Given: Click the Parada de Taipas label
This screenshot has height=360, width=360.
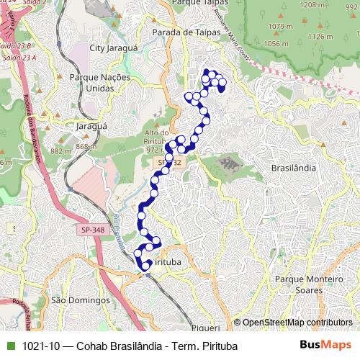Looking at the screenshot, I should (181, 32).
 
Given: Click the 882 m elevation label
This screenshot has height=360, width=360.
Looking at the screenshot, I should (59, 151).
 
